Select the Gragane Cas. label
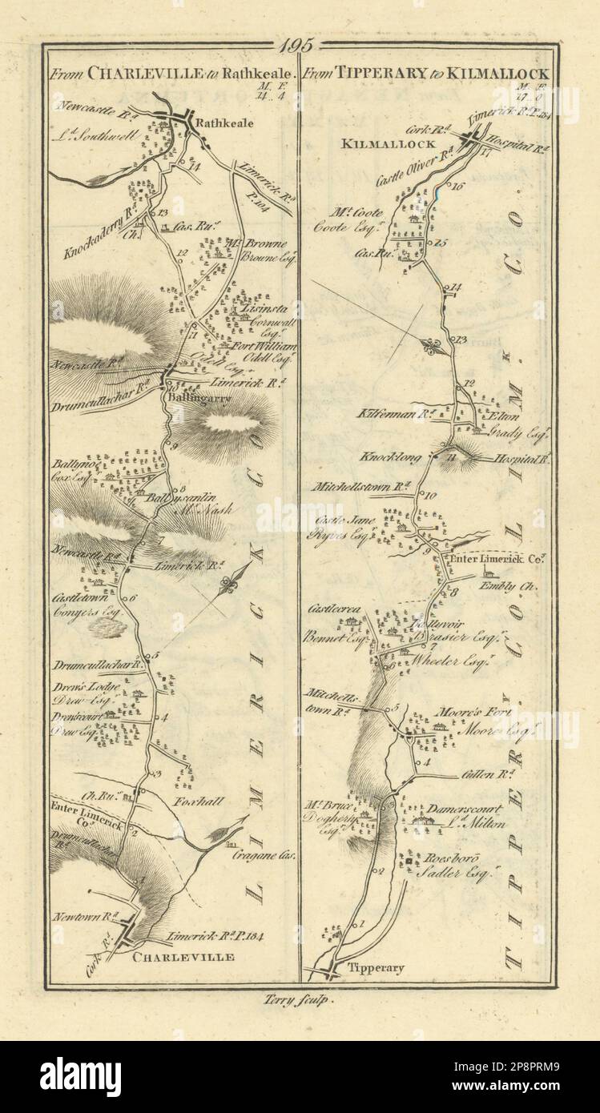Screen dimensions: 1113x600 pos(253,854)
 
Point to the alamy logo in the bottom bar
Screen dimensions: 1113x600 pos(80,1076)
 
